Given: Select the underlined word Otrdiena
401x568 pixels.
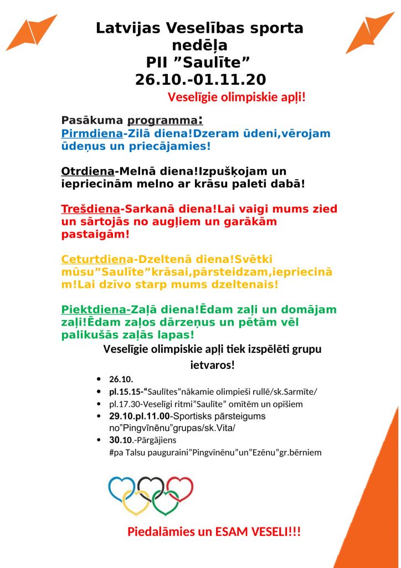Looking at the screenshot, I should pos(88,171).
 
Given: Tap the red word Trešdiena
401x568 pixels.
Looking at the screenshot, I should pos(90,209).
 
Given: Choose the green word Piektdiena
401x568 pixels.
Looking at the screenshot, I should pos(95,310).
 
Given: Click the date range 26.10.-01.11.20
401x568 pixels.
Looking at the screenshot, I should pos(200,80).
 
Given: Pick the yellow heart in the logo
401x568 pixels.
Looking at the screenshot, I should pos(136,502).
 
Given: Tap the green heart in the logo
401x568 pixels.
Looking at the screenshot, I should pos(165,502).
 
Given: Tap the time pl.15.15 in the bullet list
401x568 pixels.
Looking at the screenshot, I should pos(126,392).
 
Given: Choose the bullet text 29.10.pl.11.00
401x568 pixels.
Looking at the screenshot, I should pos(139,416).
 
